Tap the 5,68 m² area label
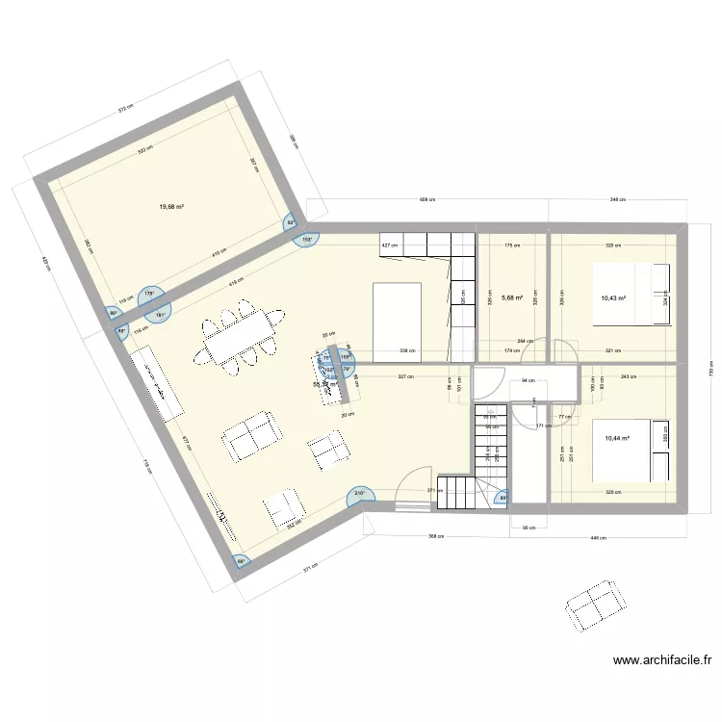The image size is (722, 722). point(511,297)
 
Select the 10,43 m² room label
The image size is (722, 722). point(613,298)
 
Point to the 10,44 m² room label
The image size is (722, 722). point(616,438)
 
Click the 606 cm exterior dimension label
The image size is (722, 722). point(426,200)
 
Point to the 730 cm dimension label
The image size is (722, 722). point(711,373)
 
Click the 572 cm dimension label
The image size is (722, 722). point(125,110)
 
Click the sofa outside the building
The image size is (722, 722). point(591,607)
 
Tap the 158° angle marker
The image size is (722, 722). point(308,239)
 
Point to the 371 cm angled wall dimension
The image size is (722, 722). point(308,569)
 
